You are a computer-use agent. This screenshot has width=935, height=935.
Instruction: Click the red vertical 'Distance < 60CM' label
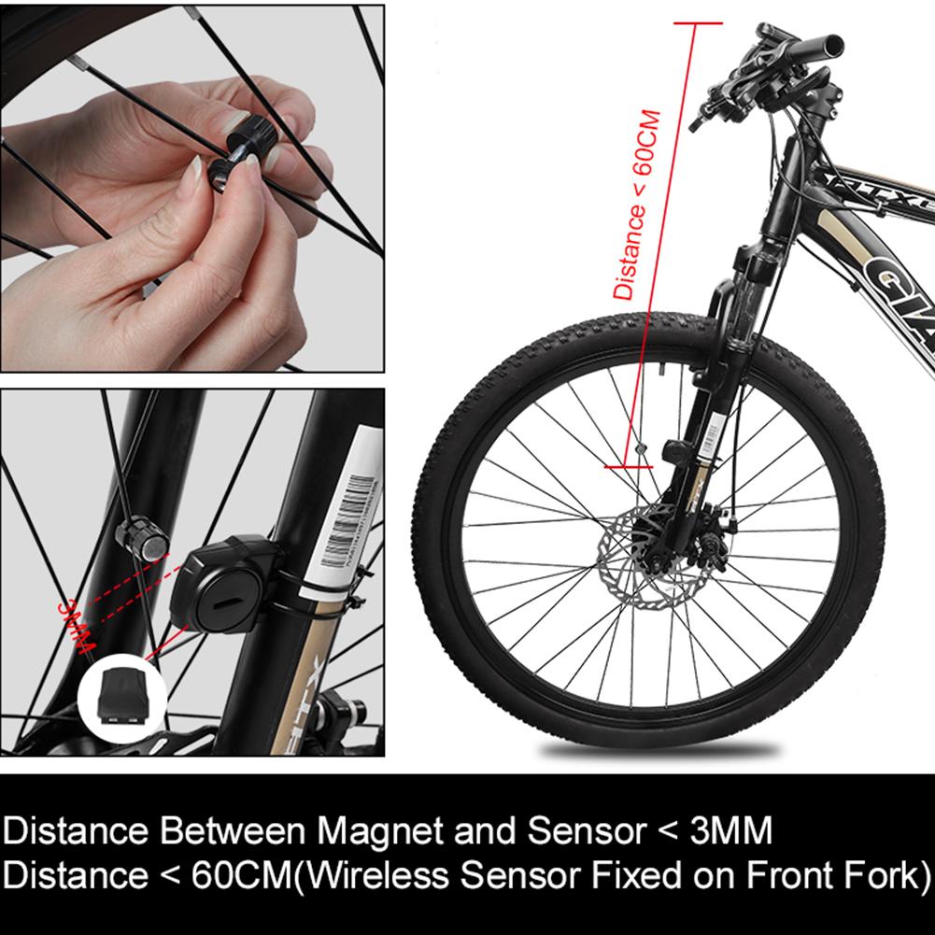(x=638, y=205)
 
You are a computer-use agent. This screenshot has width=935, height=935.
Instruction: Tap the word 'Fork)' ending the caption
(x=885, y=876)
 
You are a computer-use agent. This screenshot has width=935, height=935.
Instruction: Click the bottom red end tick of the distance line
(x=628, y=464)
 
